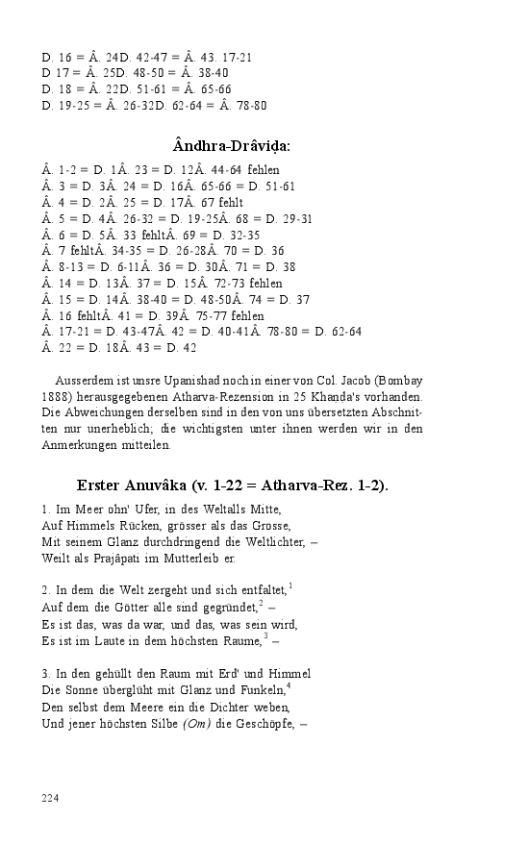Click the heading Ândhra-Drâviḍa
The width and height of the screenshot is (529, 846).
point(232,146)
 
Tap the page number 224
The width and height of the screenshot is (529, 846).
point(52,798)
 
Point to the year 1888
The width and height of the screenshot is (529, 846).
point(56,398)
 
